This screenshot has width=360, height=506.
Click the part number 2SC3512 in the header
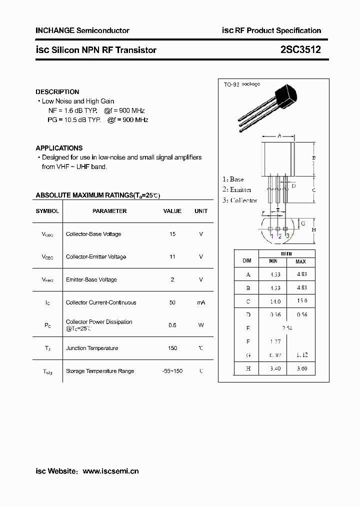300,49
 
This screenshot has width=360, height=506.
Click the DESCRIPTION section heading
57,92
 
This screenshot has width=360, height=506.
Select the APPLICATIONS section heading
59,148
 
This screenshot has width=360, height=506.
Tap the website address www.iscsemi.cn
110,471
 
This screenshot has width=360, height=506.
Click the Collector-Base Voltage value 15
172,234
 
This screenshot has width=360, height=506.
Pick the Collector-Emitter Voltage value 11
172,256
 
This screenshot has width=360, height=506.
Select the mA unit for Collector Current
201,302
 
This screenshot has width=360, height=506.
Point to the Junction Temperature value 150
172,348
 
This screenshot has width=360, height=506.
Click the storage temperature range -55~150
172,371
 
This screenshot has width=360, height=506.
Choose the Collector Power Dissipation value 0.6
172,325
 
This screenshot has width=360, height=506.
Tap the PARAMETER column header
109,211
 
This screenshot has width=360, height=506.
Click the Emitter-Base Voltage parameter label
91,279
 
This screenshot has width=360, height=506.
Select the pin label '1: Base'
233,179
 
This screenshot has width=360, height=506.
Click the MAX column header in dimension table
300,261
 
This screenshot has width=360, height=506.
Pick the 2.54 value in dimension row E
286,328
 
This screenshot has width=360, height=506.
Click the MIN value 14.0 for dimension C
274,301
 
